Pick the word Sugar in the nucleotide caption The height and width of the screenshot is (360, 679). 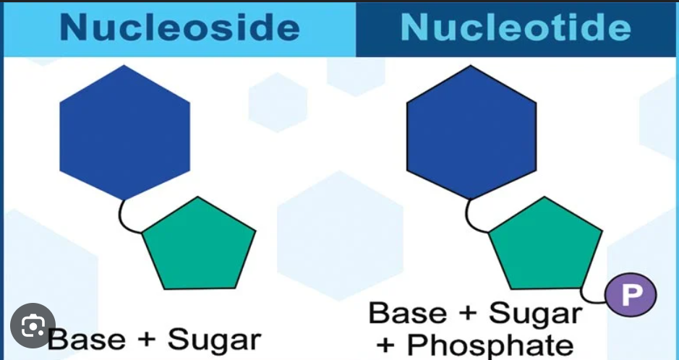click(535, 314)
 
